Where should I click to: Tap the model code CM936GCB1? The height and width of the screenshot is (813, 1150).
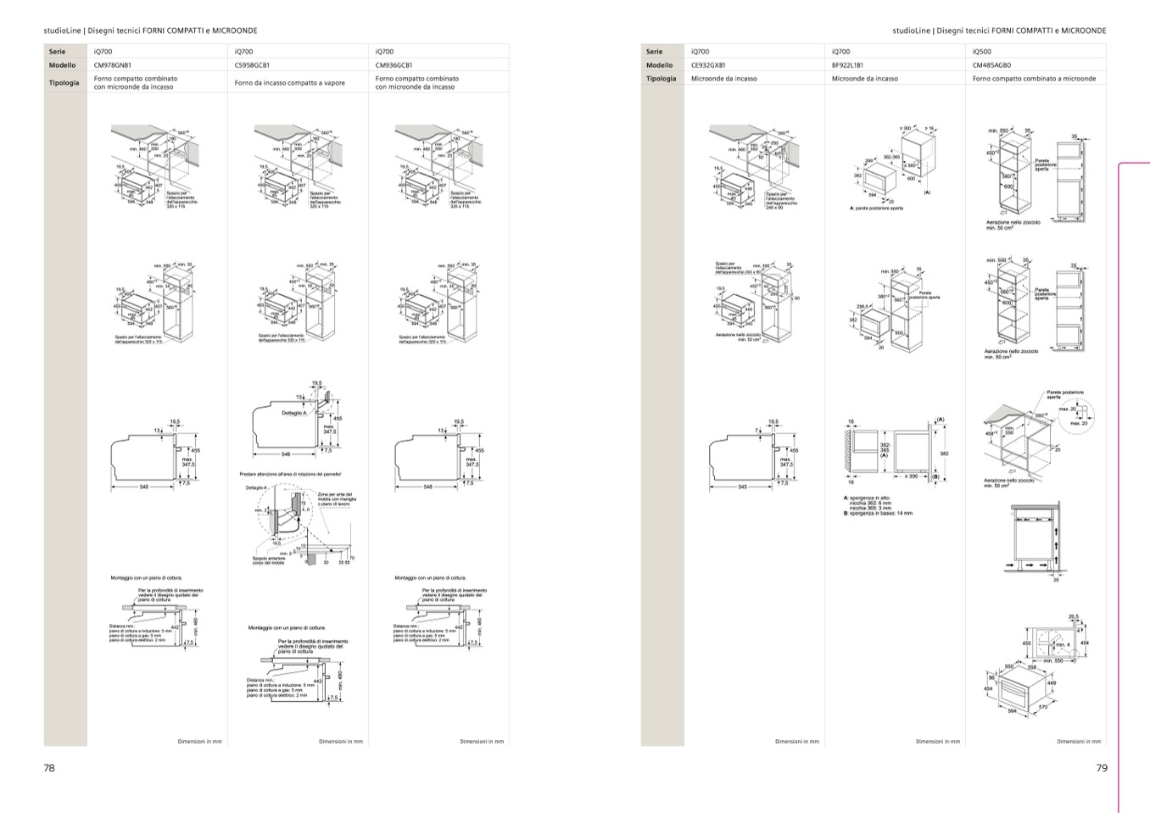click(x=394, y=64)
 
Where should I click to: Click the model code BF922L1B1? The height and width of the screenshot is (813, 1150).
click(x=847, y=64)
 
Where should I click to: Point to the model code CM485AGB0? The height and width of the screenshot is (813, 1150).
click(x=991, y=64)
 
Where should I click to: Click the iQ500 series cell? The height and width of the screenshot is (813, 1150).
click(x=982, y=52)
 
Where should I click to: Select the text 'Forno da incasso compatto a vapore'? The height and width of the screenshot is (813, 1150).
click(x=289, y=83)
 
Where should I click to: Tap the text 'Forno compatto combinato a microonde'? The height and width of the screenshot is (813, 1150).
click(x=1034, y=79)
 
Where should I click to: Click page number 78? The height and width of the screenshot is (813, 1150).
click(x=49, y=768)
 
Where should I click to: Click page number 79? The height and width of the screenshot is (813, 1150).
click(x=1101, y=768)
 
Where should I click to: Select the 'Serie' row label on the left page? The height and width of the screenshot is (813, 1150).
click(x=57, y=52)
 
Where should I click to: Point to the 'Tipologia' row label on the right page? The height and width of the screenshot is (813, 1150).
click(x=661, y=79)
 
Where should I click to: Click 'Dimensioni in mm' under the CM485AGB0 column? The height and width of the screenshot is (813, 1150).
click(x=1078, y=742)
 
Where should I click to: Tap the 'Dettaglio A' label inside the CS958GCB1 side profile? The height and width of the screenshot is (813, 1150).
click(x=293, y=413)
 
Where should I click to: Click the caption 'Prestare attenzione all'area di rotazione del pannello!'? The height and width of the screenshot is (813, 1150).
click(x=290, y=474)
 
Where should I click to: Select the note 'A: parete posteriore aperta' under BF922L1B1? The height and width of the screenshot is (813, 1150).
click(x=876, y=208)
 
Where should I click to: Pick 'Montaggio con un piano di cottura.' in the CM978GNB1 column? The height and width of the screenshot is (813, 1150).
click(x=146, y=578)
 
